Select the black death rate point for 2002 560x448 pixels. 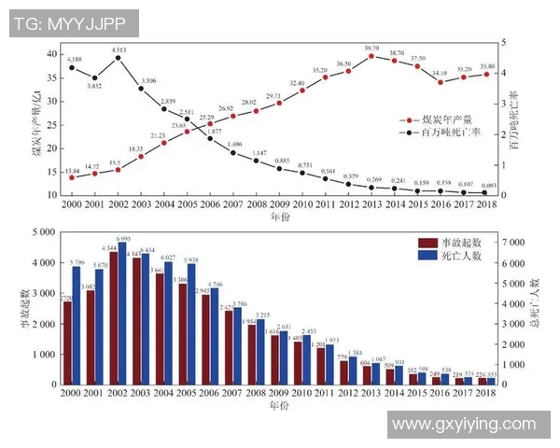coord(118,58)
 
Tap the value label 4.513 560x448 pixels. coord(119,49)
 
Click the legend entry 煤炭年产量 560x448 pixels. coord(447,119)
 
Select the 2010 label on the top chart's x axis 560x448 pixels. coord(301,203)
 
